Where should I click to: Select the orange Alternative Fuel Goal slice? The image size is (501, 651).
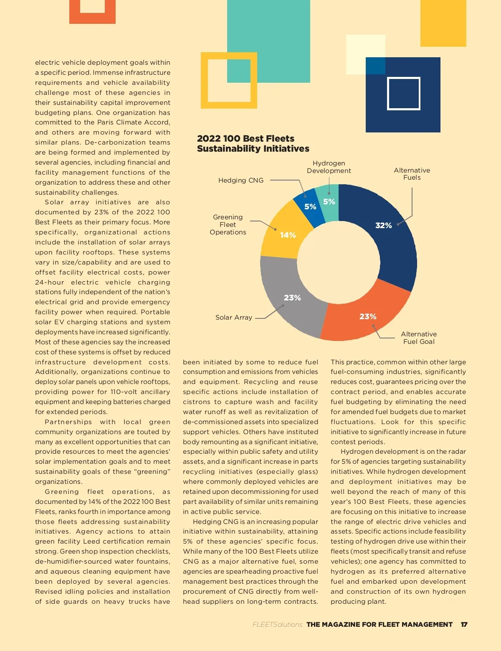pyautogui.click(x=363, y=313)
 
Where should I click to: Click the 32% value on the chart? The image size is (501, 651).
pyautogui.click(x=383, y=226)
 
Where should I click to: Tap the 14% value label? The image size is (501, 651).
pyautogui.click(x=288, y=235)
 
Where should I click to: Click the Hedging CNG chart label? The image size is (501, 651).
pyautogui.click(x=241, y=181)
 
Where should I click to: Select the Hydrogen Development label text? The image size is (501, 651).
pyautogui.click(x=329, y=167)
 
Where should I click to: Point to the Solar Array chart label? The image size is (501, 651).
pyautogui.click(x=234, y=318)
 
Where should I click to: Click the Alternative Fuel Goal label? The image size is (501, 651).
pyautogui.click(x=419, y=338)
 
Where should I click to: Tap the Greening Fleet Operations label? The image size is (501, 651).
pyautogui.click(x=228, y=225)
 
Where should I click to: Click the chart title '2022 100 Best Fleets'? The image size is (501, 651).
pyautogui.click(x=245, y=139)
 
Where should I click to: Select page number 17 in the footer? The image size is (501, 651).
pyautogui.click(x=464, y=624)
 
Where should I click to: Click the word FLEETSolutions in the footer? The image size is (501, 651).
pyautogui.click(x=277, y=624)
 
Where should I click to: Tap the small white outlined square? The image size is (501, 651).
pyautogui.click(x=403, y=94)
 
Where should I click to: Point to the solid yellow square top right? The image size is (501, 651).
pyautogui.click(x=443, y=23)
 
